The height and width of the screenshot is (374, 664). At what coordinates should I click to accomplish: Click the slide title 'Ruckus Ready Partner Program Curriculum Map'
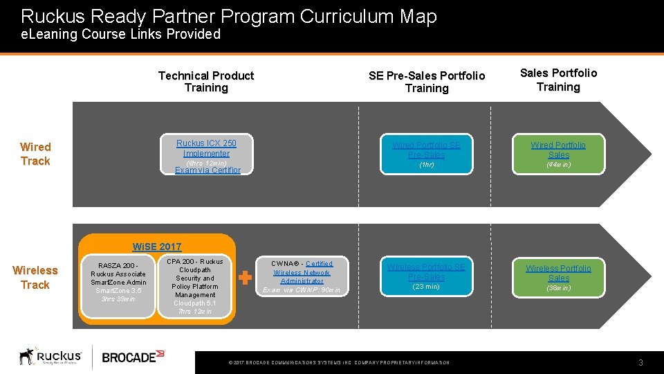(x=229, y=16)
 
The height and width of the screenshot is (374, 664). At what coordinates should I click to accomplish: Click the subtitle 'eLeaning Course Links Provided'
(x=120, y=34)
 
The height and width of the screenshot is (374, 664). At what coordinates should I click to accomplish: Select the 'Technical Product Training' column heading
(x=206, y=82)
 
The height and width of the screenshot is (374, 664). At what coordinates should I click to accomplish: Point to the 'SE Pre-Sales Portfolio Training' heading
(x=427, y=82)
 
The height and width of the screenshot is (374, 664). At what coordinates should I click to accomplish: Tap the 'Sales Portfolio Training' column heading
(x=558, y=80)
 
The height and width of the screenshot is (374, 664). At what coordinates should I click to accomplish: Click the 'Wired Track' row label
(x=35, y=154)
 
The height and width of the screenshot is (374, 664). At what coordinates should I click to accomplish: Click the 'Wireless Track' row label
(x=35, y=277)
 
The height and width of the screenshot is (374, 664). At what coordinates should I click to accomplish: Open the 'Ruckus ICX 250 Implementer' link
(x=206, y=148)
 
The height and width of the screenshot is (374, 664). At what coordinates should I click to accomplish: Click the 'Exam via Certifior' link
(x=207, y=170)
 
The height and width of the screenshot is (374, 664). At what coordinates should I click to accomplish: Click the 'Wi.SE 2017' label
(x=157, y=247)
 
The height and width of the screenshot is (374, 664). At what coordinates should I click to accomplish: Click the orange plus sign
(x=245, y=278)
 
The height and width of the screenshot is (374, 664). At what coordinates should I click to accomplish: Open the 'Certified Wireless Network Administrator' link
(x=302, y=272)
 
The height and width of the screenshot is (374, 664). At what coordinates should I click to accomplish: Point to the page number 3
(x=640, y=363)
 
